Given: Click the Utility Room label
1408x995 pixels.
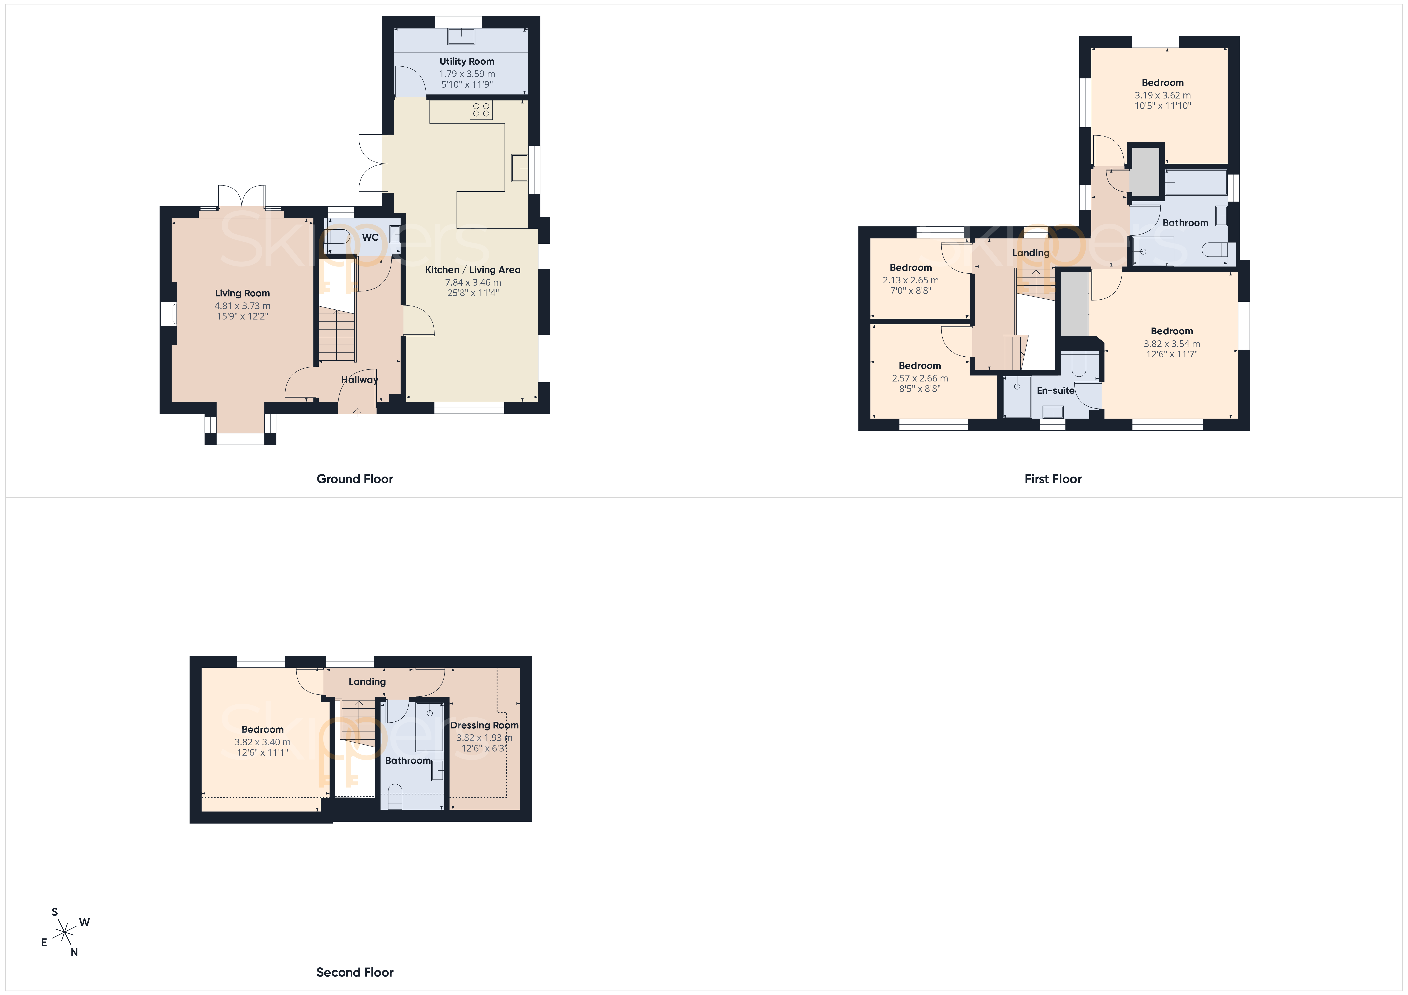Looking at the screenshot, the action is coord(467,61).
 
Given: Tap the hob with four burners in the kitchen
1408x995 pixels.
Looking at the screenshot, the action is coord(481,110).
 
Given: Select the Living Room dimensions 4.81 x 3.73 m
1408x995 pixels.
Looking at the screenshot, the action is coord(242,306).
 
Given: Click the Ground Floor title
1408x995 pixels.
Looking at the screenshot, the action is coord(354,479).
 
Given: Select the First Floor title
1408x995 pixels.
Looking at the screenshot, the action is coord(1053,479).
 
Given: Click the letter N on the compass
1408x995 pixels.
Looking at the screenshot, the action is coord(74,952).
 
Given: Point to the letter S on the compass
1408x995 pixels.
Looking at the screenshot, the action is coord(55,912).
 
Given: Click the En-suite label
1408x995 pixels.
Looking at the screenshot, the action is coord(1055,390).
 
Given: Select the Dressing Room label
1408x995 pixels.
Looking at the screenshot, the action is coord(484,725).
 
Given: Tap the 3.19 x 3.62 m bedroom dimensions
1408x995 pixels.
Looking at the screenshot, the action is coord(1163,96).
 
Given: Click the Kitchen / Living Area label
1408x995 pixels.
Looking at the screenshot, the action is coord(473,270).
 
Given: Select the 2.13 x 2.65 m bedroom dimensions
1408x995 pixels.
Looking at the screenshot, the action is coord(911,280).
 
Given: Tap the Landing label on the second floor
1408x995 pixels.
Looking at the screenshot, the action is coord(367,682).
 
